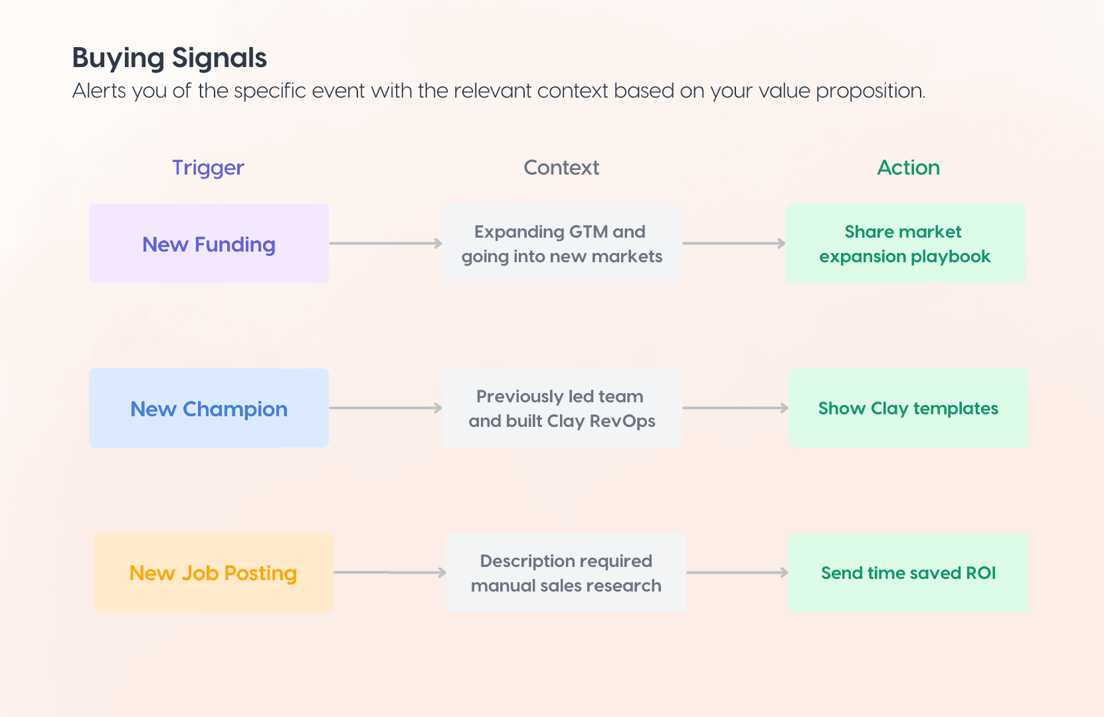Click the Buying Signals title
pos(169,58)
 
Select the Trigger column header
pos(208,168)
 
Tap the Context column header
pos(561,168)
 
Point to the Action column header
pos(908,168)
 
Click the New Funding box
pos(209,244)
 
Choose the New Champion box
pos(209,408)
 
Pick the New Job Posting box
pos(213,572)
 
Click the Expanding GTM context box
pos(562,244)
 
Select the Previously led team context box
pos(562,408)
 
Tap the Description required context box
pos(566,572)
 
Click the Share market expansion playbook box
pos(905,244)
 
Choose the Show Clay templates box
pos(907,408)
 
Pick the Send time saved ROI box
pos(907,572)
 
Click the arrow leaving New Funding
pos(385,244)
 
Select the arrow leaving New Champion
pos(385,408)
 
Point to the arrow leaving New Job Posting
pos(389,572)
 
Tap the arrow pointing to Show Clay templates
pos(735,408)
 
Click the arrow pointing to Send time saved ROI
pos(737,572)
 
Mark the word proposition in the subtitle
pos(870,91)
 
